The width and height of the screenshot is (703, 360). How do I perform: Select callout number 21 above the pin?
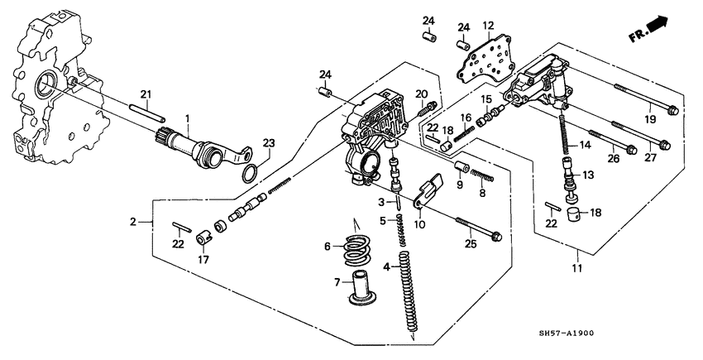click(x=145, y=94)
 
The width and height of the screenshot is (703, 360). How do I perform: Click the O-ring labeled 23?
click(x=251, y=175)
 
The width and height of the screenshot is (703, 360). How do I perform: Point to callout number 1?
click(x=188, y=118)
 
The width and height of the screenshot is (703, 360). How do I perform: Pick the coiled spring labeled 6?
click(x=355, y=247)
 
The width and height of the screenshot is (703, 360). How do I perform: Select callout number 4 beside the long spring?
click(x=387, y=266)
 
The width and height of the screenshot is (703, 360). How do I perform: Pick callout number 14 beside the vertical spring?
click(x=586, y=145)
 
